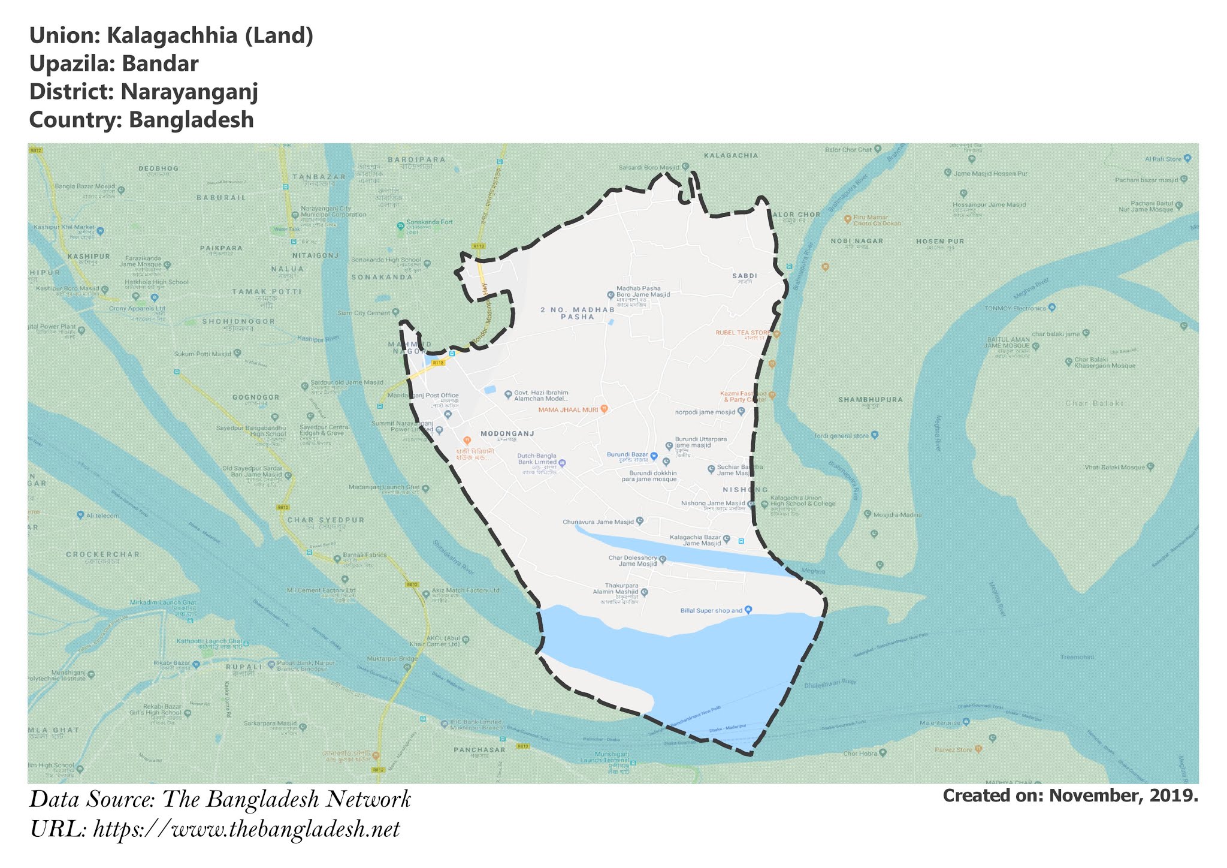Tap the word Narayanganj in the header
point(189,92)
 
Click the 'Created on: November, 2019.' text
point(1070,795)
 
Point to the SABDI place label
point(745,276)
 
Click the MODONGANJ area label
point(507,433)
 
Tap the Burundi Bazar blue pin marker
point(654,456)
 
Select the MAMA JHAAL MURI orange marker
point(605,409)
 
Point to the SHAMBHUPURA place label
point(870,399)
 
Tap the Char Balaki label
point(1094,403)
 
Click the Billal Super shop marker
point(748,610)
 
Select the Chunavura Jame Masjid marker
point(640,521)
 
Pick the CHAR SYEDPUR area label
point(326,520)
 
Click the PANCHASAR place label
point(479,749)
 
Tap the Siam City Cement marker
point(395,312)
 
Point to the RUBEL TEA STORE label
point(743,333)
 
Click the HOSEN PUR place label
point(940,242)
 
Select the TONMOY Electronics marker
point(1052,308)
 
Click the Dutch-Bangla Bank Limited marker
point(562,463)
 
